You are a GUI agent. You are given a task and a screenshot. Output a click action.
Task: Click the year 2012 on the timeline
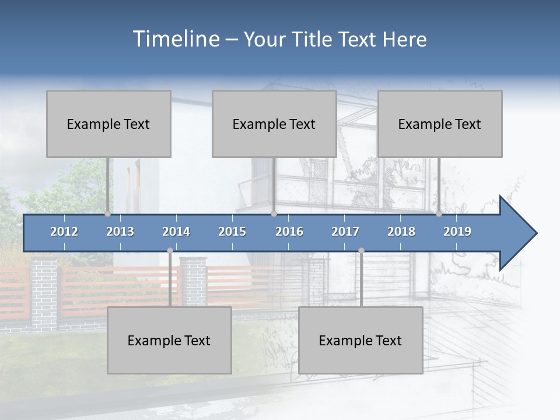[x=64, y=232]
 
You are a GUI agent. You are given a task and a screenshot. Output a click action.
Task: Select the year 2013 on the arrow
[x=120, y=232]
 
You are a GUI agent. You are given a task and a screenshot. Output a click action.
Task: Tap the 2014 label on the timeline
[x=176, y=232]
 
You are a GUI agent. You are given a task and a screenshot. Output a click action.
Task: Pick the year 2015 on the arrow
[x=232, y=232]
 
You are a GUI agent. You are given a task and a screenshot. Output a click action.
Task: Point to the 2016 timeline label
[x=289, y=232]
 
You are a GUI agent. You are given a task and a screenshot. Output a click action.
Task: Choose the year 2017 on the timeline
[x=345, y=232]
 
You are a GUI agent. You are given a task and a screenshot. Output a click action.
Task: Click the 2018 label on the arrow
[x=401, y=232]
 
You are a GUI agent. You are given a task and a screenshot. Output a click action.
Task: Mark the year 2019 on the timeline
[x=457, y=232]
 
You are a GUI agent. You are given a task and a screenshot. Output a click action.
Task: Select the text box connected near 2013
[x=108, y=124]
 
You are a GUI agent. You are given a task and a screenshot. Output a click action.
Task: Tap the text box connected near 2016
[x=274, y=124]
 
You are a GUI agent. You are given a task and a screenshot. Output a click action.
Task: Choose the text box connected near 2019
[x=440, y=124]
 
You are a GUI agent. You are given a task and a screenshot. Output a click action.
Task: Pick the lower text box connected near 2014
[x=169, y=340]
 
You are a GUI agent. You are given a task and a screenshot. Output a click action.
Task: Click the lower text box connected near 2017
[x=360, y=340]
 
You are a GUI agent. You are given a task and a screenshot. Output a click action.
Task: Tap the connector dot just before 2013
[x=107, y=213]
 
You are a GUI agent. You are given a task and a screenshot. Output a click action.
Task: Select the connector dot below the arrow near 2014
[x=170, y=251]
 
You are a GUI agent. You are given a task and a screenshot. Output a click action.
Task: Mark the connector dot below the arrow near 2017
[x=361, y=251]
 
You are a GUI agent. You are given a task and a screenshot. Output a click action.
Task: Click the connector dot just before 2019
[x=439, y=213]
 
